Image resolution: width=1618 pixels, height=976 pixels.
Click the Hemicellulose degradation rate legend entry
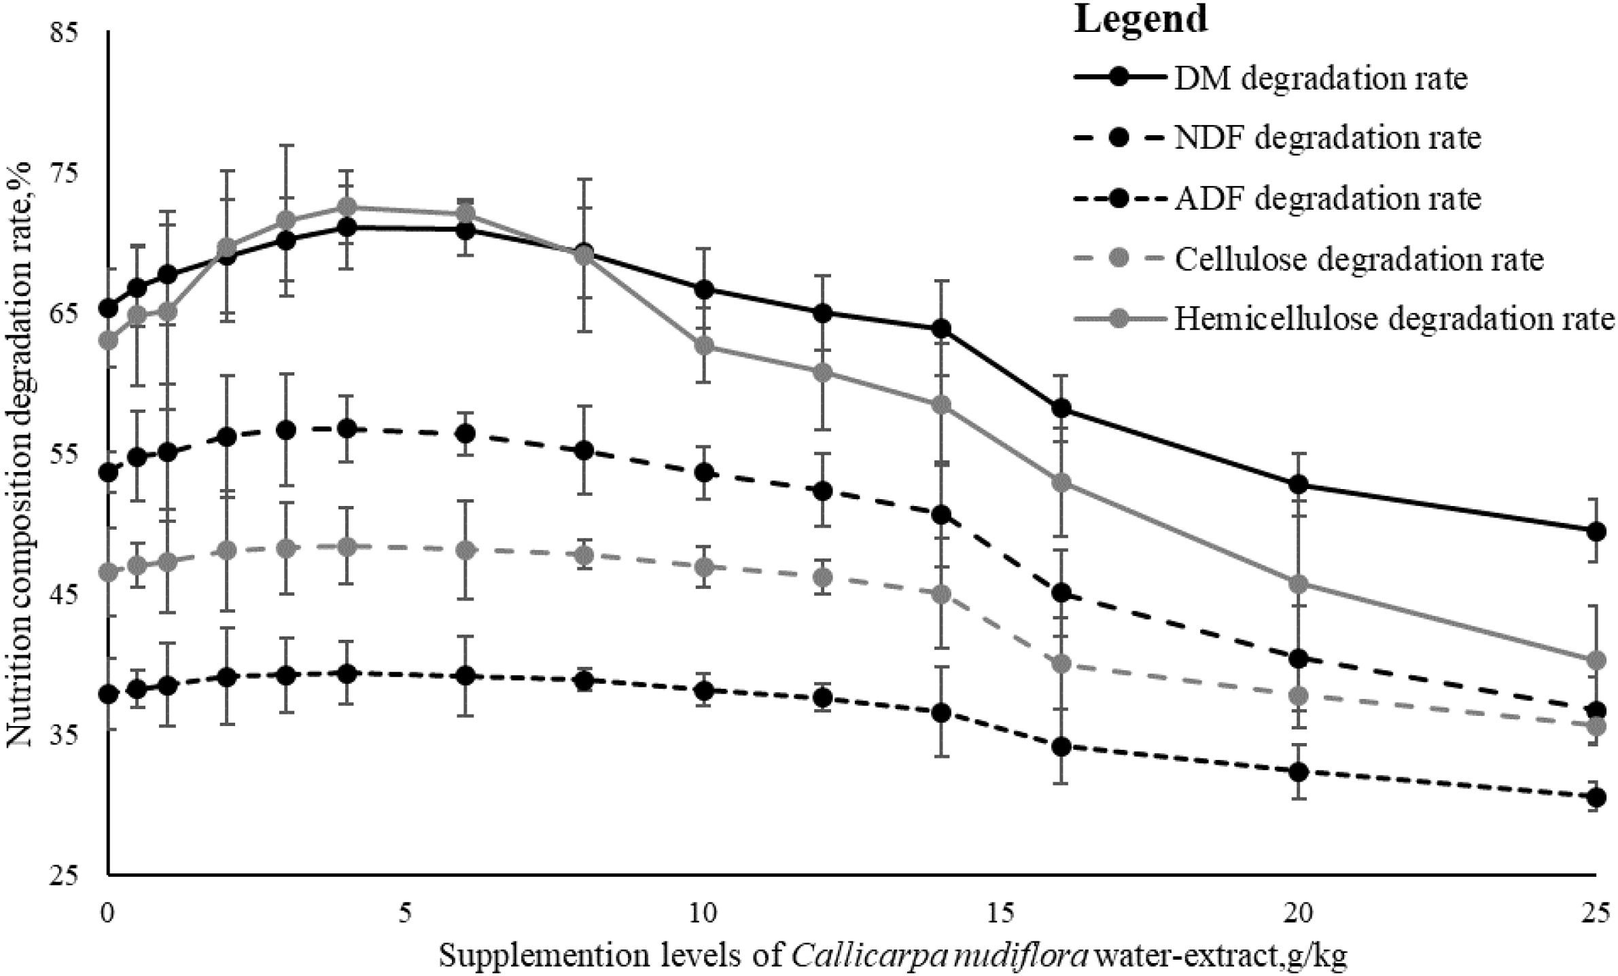pyautogui.click(x=1394, y=319)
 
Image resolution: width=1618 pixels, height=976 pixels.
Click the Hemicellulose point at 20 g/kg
pyautogui.click(x=1298, y=584)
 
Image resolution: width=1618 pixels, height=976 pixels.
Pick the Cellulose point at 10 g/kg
pyautogui.click(x=705, y=566)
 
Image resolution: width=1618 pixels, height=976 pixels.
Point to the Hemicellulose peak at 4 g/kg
pyautogui.click(x=347, y=206)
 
